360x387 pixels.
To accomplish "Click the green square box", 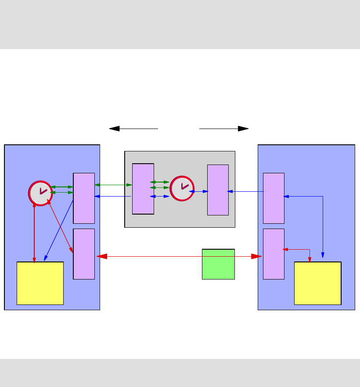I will click(x=218, y=264).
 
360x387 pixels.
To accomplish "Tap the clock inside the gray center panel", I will click(x=182, y=188).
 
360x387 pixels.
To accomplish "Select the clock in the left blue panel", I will click(x=40, y=193).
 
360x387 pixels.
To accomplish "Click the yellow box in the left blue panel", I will click(x=40, y=283).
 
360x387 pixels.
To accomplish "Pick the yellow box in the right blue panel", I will click(x=317, y=283).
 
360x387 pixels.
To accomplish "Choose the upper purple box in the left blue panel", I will click(x=84, y=198).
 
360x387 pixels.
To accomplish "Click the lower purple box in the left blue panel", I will click(x=84, y=254).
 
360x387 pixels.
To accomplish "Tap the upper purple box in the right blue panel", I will click(x=274, y=198).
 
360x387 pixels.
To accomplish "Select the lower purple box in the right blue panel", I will click(x=274, y=254).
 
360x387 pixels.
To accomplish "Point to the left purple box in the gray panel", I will click(x=143, y=189).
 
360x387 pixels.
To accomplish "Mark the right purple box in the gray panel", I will click(x=218, y=190).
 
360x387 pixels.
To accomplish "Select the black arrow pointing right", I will click(x=224, y=129).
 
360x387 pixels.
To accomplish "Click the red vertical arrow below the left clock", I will click(x=34, y=233).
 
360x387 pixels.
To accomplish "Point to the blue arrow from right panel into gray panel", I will click(x=246, y=191).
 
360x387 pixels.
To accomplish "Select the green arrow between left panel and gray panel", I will click(x=113, y=185).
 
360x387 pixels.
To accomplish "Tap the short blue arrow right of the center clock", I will click(x=198, y=191).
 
